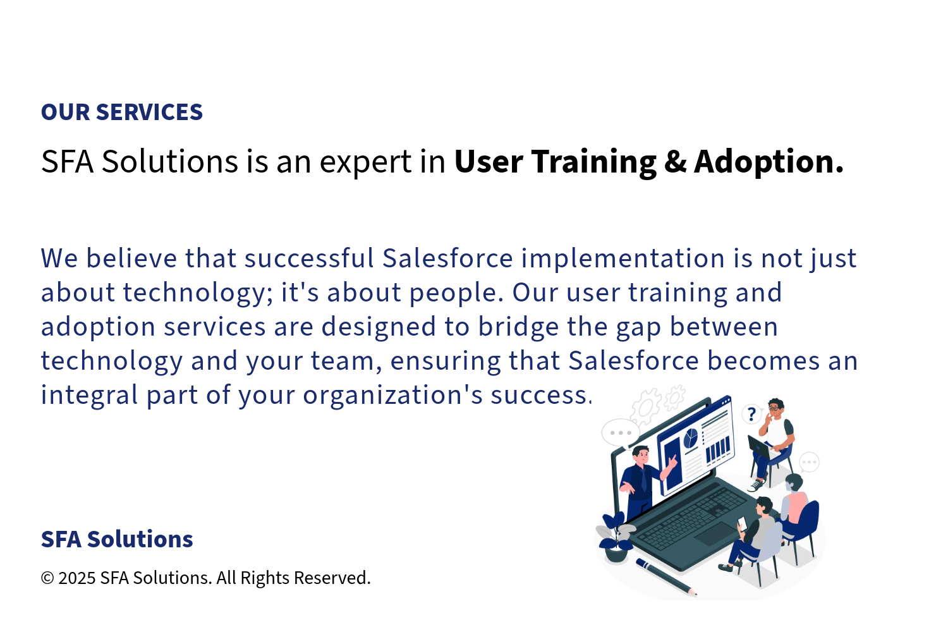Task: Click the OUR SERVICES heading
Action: [x=122, y=112]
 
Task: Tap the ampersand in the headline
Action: [x=676, y=162]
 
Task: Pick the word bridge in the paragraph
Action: [x=518, y=327]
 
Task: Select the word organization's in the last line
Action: [x=392, y=396]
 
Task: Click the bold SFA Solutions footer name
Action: [x=117, y=539]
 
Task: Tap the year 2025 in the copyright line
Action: [x=77, y=578]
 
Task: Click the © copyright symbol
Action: [x=47, y=578]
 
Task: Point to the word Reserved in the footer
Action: [x=332, y=578]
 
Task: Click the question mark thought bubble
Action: [x=751, y=414]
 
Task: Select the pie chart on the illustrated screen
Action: [x=691, y=437]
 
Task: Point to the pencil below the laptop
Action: [x=666, y=578]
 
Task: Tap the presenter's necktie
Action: [x=644, y=479]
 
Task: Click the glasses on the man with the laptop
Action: [x=774, y=408]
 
